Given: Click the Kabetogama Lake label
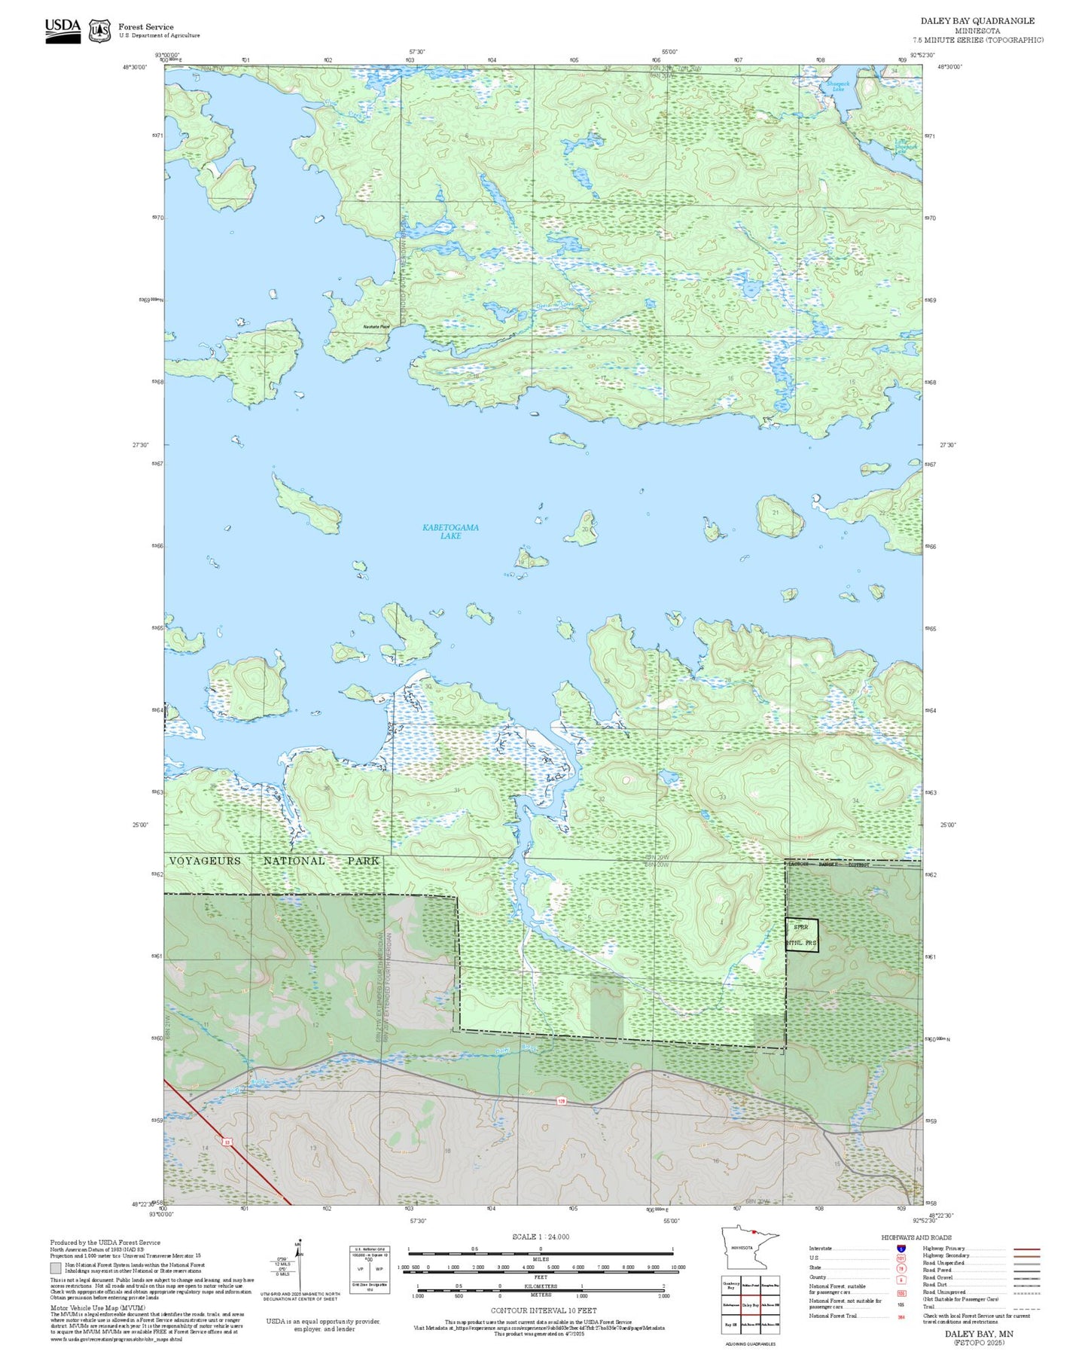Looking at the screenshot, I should [450, 532].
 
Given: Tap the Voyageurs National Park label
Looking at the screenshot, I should [274, 861].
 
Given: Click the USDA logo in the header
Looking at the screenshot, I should [62, 30].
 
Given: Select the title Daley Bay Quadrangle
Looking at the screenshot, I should [977, 21].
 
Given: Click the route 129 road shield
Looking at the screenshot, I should [561, 1101].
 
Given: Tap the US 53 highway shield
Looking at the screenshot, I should [226, 1142].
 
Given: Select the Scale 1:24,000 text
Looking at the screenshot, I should [541, 1237].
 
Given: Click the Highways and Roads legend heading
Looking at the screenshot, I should [916, 1237].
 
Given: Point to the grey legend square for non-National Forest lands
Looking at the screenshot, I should [56, 1268].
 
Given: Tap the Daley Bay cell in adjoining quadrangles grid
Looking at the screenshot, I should [750, 1304].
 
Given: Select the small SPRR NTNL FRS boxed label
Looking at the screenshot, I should [801, 935].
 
